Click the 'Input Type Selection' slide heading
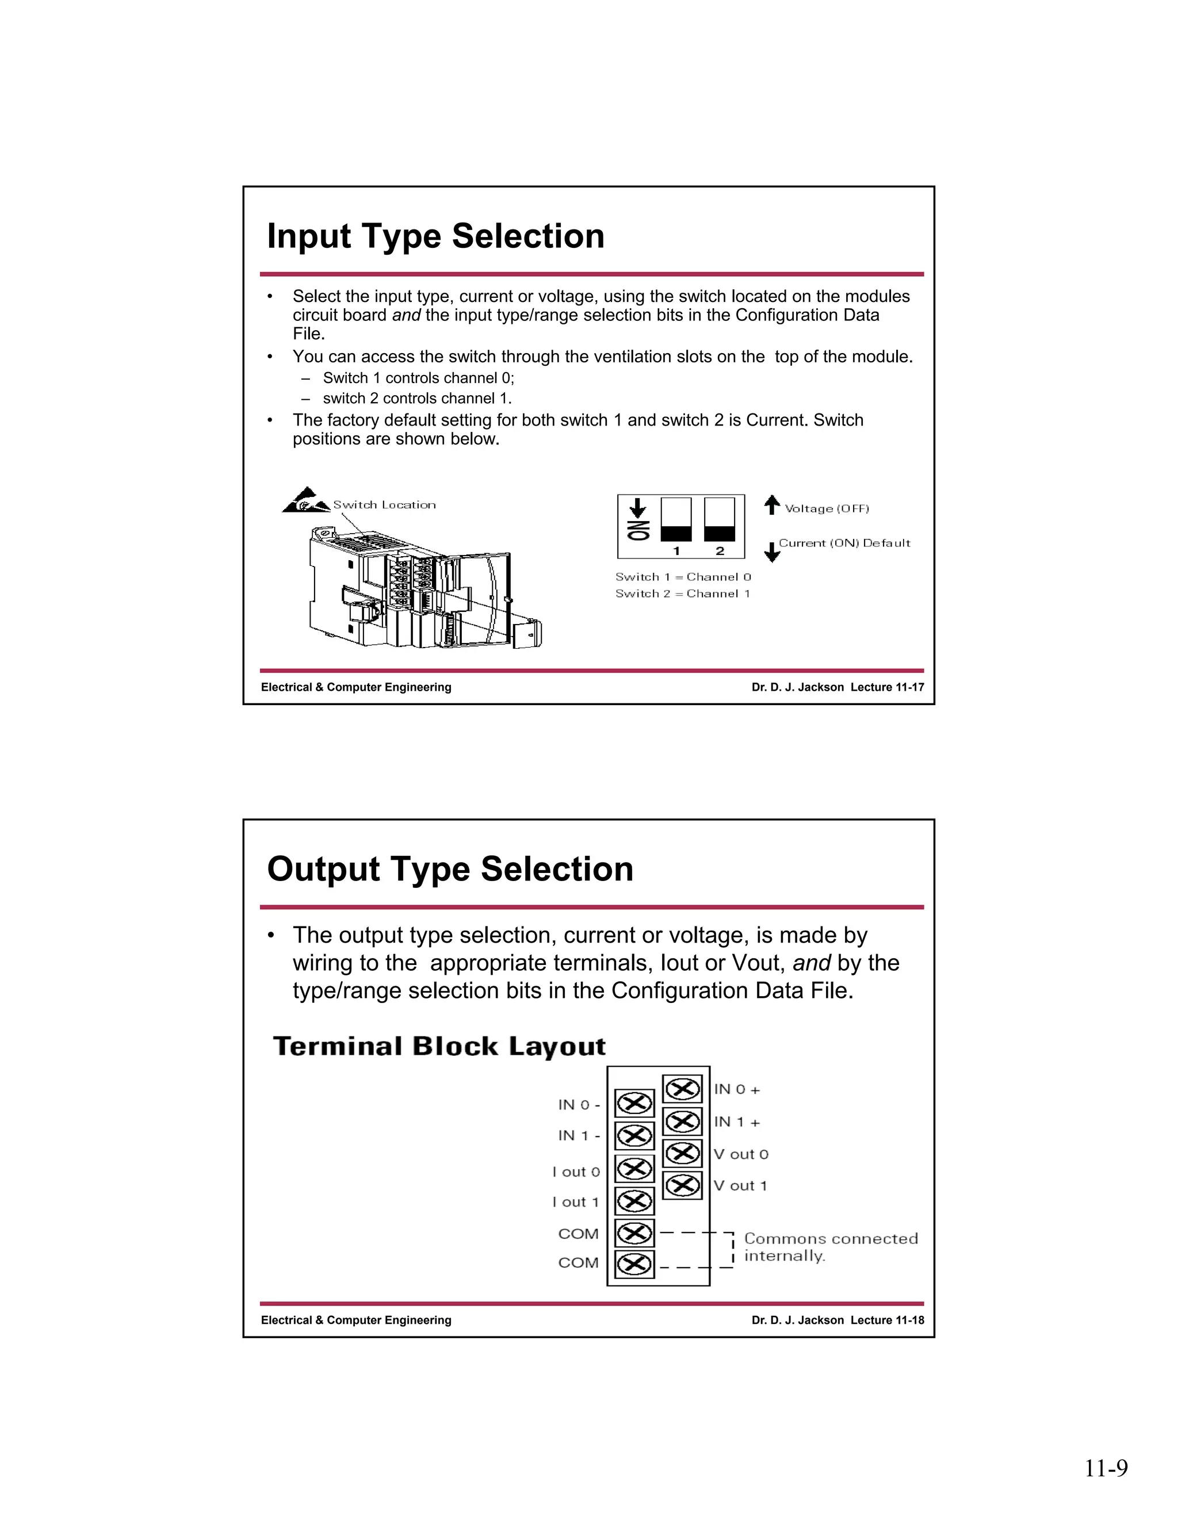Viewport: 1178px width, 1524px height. [x=435, y=236]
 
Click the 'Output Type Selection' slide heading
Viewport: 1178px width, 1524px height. [x=450, y=869]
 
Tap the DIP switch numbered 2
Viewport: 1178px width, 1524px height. [x=720, y=520]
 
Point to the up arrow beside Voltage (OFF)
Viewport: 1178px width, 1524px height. [x=771, y=504]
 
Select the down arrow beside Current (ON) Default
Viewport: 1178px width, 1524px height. [x=772, y=552]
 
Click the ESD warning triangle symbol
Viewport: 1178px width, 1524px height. [x=305, y=501]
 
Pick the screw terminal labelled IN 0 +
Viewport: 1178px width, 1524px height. [x=682, y=1089]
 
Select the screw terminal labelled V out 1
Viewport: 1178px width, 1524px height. [x=682, y=1186]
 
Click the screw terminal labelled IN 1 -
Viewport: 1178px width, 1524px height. [x=634, y=1136]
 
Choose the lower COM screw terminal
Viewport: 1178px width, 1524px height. [x=634, y=1263]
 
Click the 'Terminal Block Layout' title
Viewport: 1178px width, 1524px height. [x=439, y=1047]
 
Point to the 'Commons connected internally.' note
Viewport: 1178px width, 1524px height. [x=830, y=1247]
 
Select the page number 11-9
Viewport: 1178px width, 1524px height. [x=1106, y=1468]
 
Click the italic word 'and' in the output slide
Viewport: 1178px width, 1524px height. [x=811, y=963]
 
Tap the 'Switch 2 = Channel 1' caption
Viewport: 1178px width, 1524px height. [x=683, y=594]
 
